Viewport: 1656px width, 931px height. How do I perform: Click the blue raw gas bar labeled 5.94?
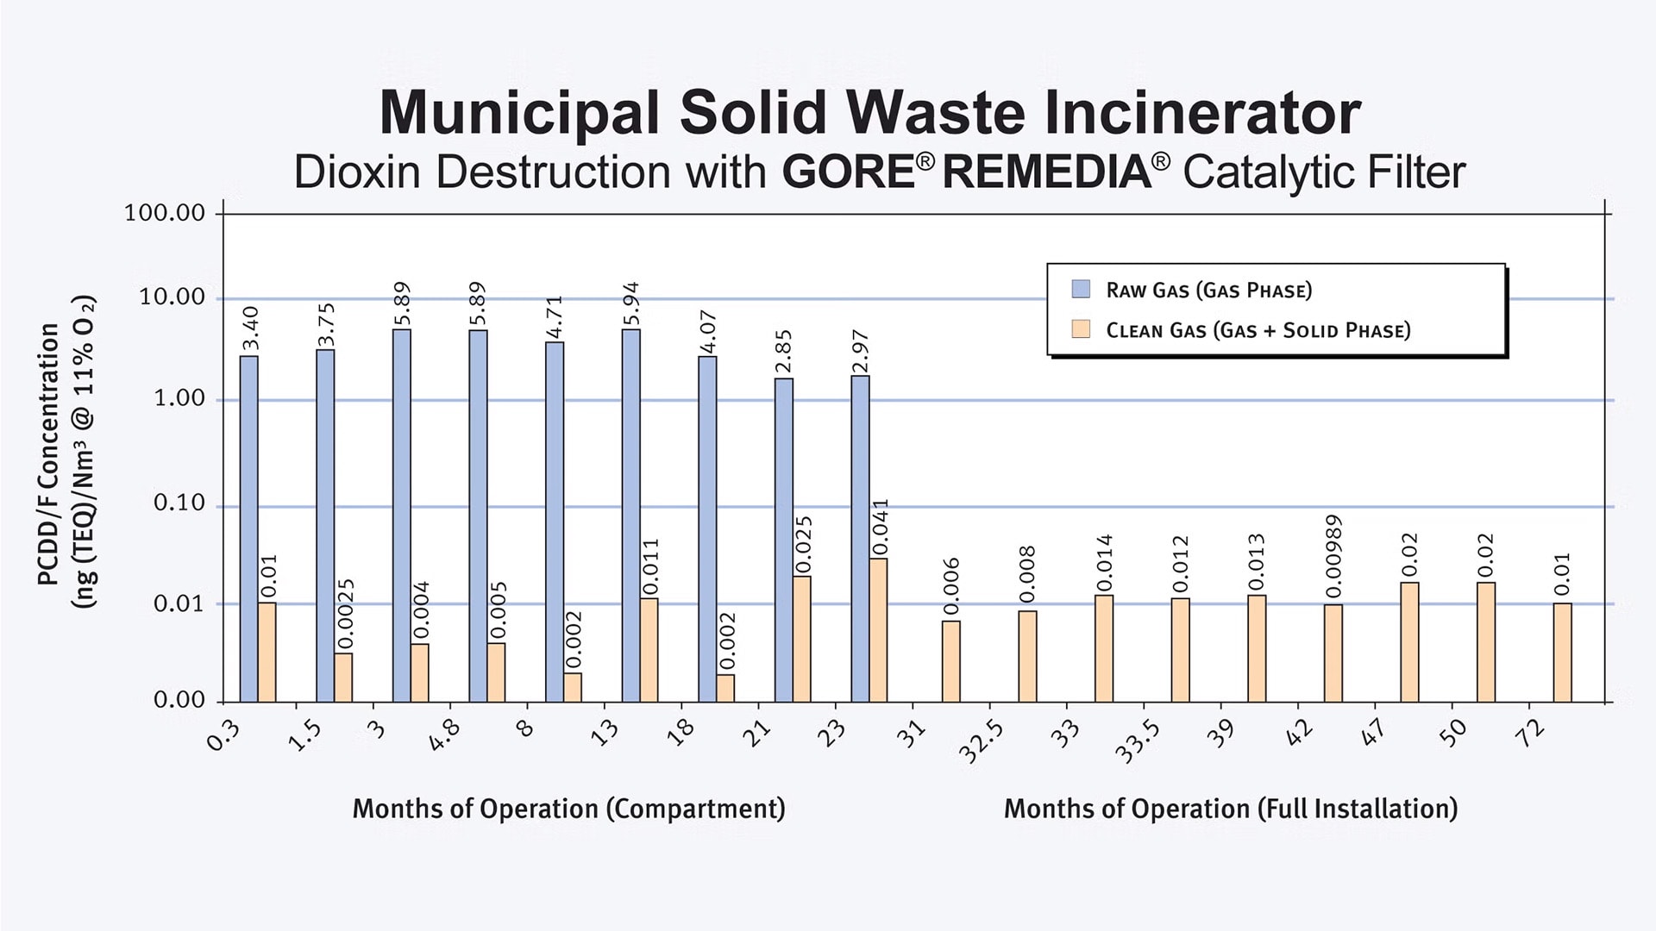tap(630, 515)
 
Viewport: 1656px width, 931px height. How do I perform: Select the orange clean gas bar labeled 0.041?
tap(878, 629)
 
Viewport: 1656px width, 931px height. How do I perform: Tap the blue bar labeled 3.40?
tap(248, 528)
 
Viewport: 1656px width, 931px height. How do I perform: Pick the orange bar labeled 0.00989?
tap(1333, 653)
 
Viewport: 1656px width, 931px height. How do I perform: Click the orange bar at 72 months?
tap(1562, 652)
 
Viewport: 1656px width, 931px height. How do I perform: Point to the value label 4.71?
tap(555, 316)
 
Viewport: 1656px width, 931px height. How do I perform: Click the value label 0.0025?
tap(345, 614)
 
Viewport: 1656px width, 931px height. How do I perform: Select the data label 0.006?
tap(951, 586)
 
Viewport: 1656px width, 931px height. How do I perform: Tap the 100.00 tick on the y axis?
tap(165, 213)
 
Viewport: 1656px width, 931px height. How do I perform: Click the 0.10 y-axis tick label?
tap(179, 503)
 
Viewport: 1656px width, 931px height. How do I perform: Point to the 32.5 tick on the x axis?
tap(982, 742)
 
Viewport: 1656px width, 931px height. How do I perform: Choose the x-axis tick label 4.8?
tap(445, 735)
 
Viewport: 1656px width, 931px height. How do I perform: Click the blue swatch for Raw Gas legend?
tap(1081, 289)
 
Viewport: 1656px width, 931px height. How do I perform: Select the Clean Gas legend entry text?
tap(1258, 330)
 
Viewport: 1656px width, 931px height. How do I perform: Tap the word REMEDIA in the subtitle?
tap(1046, 172)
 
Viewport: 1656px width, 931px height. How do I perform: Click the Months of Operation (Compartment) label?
tap(568, 809)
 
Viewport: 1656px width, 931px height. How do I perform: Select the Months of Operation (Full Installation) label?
tap(1230, 809)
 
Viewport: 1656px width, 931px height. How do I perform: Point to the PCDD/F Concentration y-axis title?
tap(49, 454)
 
